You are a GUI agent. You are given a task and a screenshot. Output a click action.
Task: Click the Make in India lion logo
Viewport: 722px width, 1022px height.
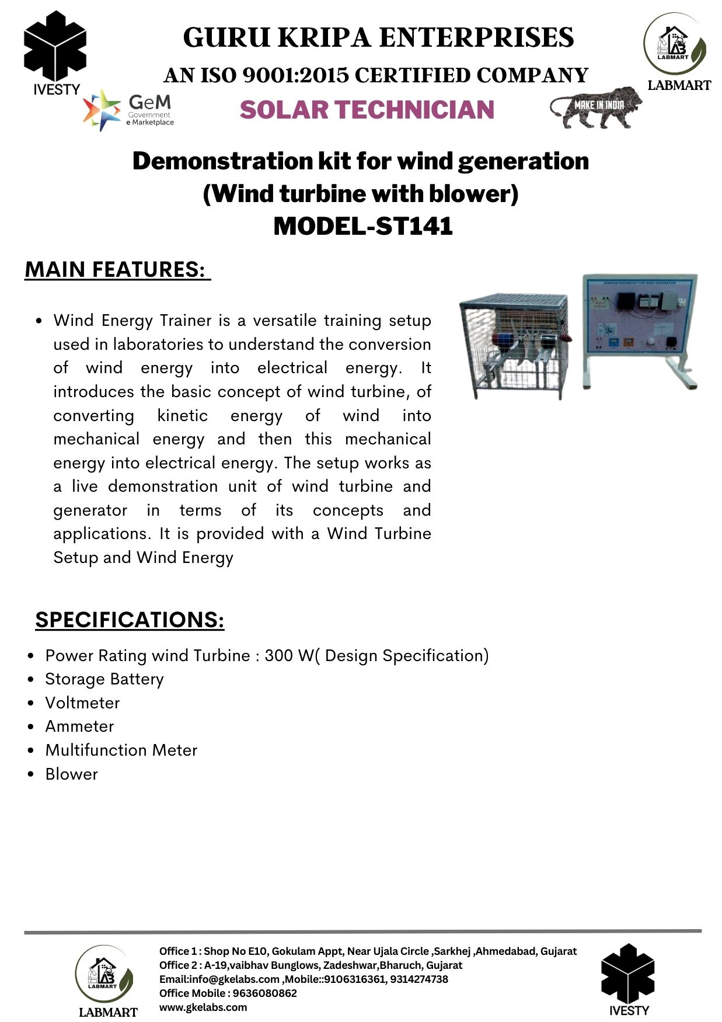595,107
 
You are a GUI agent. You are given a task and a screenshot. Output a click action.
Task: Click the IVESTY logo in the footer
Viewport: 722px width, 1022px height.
628,980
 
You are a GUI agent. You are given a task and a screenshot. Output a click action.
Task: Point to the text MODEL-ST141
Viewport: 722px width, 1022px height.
362,226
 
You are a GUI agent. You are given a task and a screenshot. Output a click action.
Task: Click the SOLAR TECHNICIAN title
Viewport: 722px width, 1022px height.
367,110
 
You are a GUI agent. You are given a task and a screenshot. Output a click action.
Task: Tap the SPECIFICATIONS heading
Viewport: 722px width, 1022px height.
130,620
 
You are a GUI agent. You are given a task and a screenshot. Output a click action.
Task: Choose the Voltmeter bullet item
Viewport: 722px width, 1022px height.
82,703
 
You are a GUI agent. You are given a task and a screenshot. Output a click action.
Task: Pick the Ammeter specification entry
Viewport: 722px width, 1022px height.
79,726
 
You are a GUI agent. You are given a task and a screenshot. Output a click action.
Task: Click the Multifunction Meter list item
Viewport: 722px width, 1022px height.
121,750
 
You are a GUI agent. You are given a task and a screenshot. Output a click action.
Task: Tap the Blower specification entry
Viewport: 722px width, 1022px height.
72,774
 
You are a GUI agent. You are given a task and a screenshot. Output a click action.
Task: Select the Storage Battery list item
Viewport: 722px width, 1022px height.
104,679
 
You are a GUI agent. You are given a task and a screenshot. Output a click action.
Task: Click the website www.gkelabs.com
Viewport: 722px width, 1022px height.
203,1007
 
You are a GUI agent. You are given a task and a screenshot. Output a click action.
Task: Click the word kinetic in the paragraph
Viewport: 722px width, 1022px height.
182,415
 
